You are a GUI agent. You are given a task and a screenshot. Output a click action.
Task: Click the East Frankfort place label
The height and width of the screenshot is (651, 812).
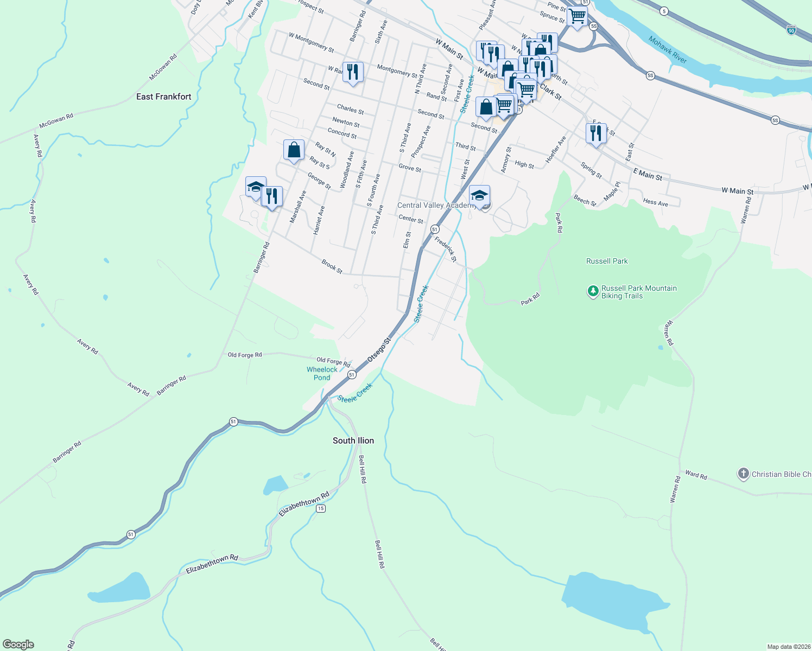(163, 97)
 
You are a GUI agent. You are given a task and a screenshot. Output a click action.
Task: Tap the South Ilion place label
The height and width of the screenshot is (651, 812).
(353, 441)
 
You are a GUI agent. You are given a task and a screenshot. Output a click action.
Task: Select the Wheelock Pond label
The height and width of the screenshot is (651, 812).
(322, 373)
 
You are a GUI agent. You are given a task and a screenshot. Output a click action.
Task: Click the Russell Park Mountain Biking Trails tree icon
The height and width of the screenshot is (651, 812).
(593, 291)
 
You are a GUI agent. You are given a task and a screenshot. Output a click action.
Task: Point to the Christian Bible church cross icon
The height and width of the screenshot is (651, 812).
(743, 474)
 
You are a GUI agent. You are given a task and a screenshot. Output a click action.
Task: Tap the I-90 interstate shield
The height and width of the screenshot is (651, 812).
(791, 30)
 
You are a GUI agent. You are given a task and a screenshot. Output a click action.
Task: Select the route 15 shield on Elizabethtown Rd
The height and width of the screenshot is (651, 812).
(321, 508)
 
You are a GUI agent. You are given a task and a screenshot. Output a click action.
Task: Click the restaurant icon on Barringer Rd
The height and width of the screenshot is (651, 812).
(272, 196)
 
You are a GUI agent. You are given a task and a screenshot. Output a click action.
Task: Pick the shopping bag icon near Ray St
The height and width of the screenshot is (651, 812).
(294, 150)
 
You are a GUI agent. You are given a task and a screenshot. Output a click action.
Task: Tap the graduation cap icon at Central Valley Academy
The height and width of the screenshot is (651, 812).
(479, 195)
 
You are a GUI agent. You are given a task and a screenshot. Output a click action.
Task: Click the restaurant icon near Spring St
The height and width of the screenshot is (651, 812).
(596, 133)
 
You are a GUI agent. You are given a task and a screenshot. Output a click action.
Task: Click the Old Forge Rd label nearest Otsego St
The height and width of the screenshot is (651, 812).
(333, 361)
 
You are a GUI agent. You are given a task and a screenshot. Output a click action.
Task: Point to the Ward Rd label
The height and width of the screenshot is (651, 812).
(696, 475)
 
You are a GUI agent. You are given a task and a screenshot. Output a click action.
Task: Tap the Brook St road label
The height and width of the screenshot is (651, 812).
(332, 266)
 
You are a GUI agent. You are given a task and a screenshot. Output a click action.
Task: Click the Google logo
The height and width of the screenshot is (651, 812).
(18, 644)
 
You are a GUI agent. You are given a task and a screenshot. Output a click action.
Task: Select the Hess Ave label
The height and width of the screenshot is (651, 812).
(655, 202)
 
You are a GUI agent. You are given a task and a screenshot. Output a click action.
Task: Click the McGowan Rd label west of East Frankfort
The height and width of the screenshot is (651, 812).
(56, 120)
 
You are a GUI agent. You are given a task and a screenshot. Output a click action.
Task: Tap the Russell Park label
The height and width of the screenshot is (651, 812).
(607, 261)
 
